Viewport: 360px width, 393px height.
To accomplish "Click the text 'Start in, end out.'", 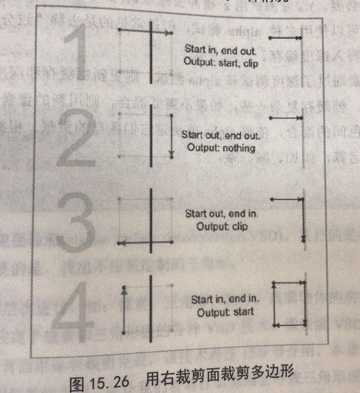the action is [x=220, y=50].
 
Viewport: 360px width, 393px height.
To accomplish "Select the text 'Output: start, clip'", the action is [x=221, y=62].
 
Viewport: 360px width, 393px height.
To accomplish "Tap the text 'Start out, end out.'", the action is [x=220, y=135].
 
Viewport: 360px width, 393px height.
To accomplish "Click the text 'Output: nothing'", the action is [x=221, y=148].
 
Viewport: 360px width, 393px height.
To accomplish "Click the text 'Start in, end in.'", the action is [x=225, y=300].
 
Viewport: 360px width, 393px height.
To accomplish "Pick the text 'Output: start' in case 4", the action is [x=225, y=312].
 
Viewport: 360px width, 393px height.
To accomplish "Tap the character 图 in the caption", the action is [x=78, y=383].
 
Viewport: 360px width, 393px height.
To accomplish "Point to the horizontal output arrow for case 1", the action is [x=286, y=38].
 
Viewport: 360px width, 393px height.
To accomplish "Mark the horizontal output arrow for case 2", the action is [x=286, y=118].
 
